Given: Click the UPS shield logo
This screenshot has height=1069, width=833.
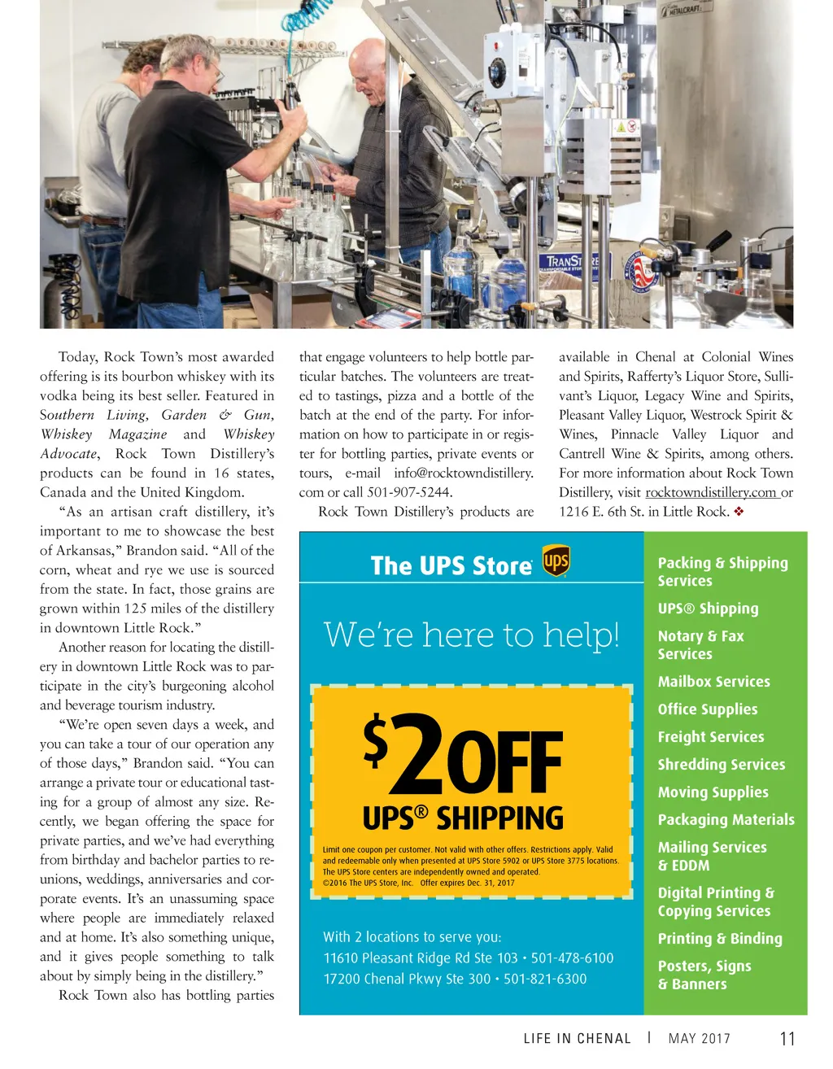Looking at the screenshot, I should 556,561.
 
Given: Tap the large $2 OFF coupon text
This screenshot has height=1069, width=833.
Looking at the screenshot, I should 463,753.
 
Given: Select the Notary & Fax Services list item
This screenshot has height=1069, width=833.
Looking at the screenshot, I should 700,645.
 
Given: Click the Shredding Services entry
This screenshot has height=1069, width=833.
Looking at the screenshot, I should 721,765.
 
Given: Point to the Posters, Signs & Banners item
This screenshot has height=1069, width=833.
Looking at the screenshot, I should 704,975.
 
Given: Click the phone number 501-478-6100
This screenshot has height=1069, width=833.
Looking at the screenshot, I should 572,958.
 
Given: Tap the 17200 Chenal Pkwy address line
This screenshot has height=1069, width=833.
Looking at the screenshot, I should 406,979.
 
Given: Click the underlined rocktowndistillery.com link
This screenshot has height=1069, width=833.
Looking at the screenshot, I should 711,492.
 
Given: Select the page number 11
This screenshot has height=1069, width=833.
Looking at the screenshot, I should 787,1039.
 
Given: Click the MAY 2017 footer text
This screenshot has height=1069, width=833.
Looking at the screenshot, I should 699,1039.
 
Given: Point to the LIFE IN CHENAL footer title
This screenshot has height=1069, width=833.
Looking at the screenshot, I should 577,1039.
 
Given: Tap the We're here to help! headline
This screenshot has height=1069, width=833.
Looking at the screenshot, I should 471,635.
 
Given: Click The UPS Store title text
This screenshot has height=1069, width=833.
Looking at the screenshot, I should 451,565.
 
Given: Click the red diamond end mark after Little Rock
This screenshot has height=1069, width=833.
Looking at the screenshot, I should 739,512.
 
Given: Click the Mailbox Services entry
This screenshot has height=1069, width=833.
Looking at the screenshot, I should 713,682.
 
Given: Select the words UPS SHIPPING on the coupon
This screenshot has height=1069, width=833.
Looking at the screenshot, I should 463,817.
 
